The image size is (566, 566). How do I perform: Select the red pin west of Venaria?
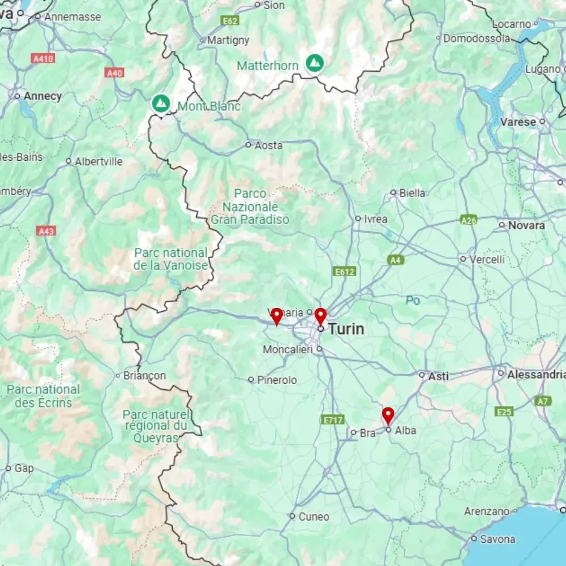(x=276, y=316)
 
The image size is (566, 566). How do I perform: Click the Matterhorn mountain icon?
(x=315, y=63)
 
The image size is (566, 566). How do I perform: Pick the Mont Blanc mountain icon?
(x=161, y=104)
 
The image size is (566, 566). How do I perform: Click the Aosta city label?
(x=268, y=145)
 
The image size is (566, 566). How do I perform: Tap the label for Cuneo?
(x=314, y=516)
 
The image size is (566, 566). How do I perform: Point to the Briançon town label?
(x=144, y=375)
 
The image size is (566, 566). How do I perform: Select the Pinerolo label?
(x=277, y=380)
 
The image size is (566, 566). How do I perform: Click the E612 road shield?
(x=345, y=272)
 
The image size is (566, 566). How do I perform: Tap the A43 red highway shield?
(x=46, y=231)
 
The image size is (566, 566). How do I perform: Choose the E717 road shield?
(x=332, y=419)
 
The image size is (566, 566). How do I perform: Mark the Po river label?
(x=413, y=301)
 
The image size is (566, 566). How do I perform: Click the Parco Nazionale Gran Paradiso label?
(x=250, y=207)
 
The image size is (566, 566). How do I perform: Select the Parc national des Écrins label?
(x=44, y=396)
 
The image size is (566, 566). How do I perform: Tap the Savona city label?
(x=498, y=539)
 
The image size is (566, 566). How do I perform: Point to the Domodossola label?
(x=477, y=39)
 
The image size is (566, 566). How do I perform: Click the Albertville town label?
(x=98, y=161)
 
